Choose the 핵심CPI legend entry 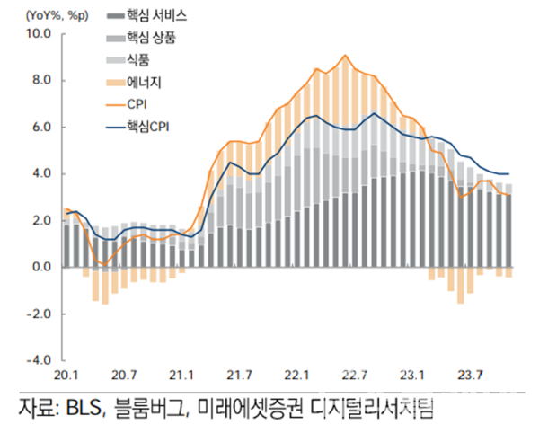[x=147, y=127]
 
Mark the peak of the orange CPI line [x=346, y=56]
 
